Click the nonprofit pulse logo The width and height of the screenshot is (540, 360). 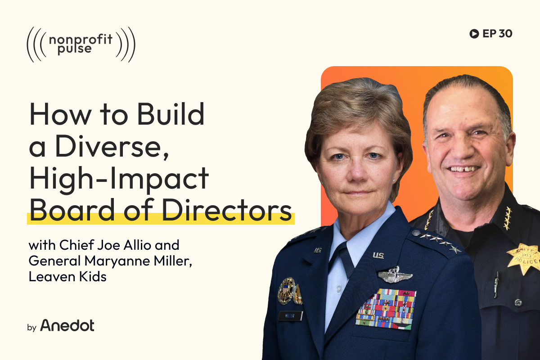[81, 44]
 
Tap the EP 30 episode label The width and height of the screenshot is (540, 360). [496, 33]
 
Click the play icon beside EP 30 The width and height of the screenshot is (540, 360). [473, 33]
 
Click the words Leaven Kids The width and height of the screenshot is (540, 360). [67, 276]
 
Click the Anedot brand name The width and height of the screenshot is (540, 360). [67, 325]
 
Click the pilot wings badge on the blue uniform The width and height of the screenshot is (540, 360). [395, 275]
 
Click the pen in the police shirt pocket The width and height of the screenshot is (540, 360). [496, 283]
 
